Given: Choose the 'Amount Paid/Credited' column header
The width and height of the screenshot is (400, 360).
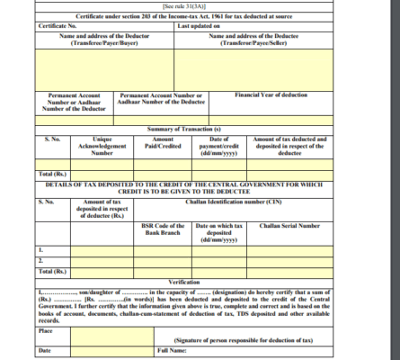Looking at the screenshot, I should point(164,143).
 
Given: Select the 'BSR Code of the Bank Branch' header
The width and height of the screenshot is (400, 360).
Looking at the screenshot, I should point(164,229).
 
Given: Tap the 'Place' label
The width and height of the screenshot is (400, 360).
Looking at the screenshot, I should point(45,329).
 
